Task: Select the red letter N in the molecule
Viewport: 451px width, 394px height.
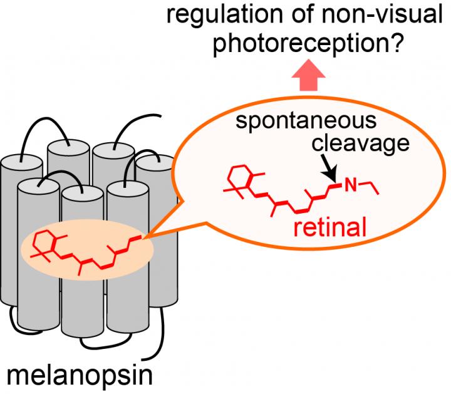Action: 351,185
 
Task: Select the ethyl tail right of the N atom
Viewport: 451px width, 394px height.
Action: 371,186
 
